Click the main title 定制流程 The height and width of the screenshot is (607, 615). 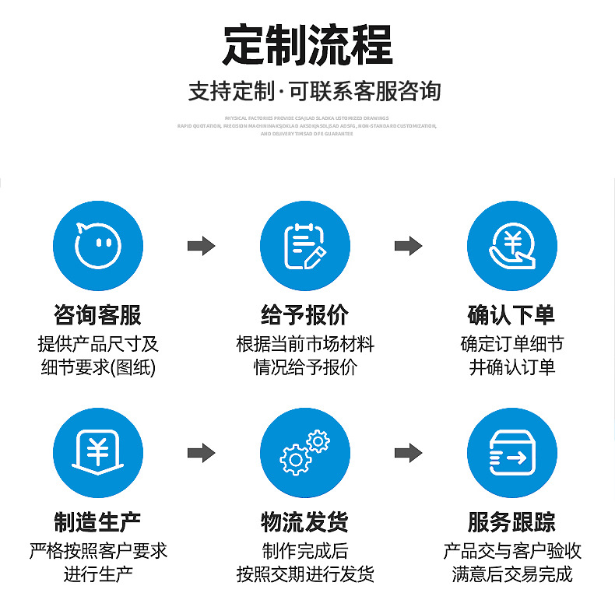tap(307, 45)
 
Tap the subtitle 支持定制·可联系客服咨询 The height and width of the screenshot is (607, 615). tap(315, 91)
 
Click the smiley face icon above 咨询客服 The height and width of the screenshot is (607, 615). tap(98, 244)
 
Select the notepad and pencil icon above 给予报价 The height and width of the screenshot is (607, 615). tap(304, 244)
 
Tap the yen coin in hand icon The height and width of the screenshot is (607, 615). tap(511, 244)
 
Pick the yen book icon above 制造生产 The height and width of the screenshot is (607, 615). tap(98, 452)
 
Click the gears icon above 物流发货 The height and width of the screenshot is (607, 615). tap(304, 452)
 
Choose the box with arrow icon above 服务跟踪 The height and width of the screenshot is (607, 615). tap(511, 452)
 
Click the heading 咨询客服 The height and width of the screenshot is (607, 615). tap(98, 315)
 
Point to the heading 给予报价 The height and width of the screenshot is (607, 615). tap(304, 315)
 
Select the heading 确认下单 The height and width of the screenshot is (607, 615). tap(511, 315)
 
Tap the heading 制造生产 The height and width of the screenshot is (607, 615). tap(98, 521)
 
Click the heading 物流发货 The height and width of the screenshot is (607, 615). tap(304, 521)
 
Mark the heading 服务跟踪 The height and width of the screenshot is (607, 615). tap(511, 521)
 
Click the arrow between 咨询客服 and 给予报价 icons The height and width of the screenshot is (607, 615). tap(201, 246)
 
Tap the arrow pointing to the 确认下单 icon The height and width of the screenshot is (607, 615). tap(408, 246)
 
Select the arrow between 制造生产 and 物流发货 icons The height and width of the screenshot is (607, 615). tap(201, 452)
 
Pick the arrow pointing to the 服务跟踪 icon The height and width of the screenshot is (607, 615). tap(408, 452)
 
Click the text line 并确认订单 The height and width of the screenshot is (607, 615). tap(511, 367)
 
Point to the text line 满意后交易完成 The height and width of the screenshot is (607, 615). tap(511, 575)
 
